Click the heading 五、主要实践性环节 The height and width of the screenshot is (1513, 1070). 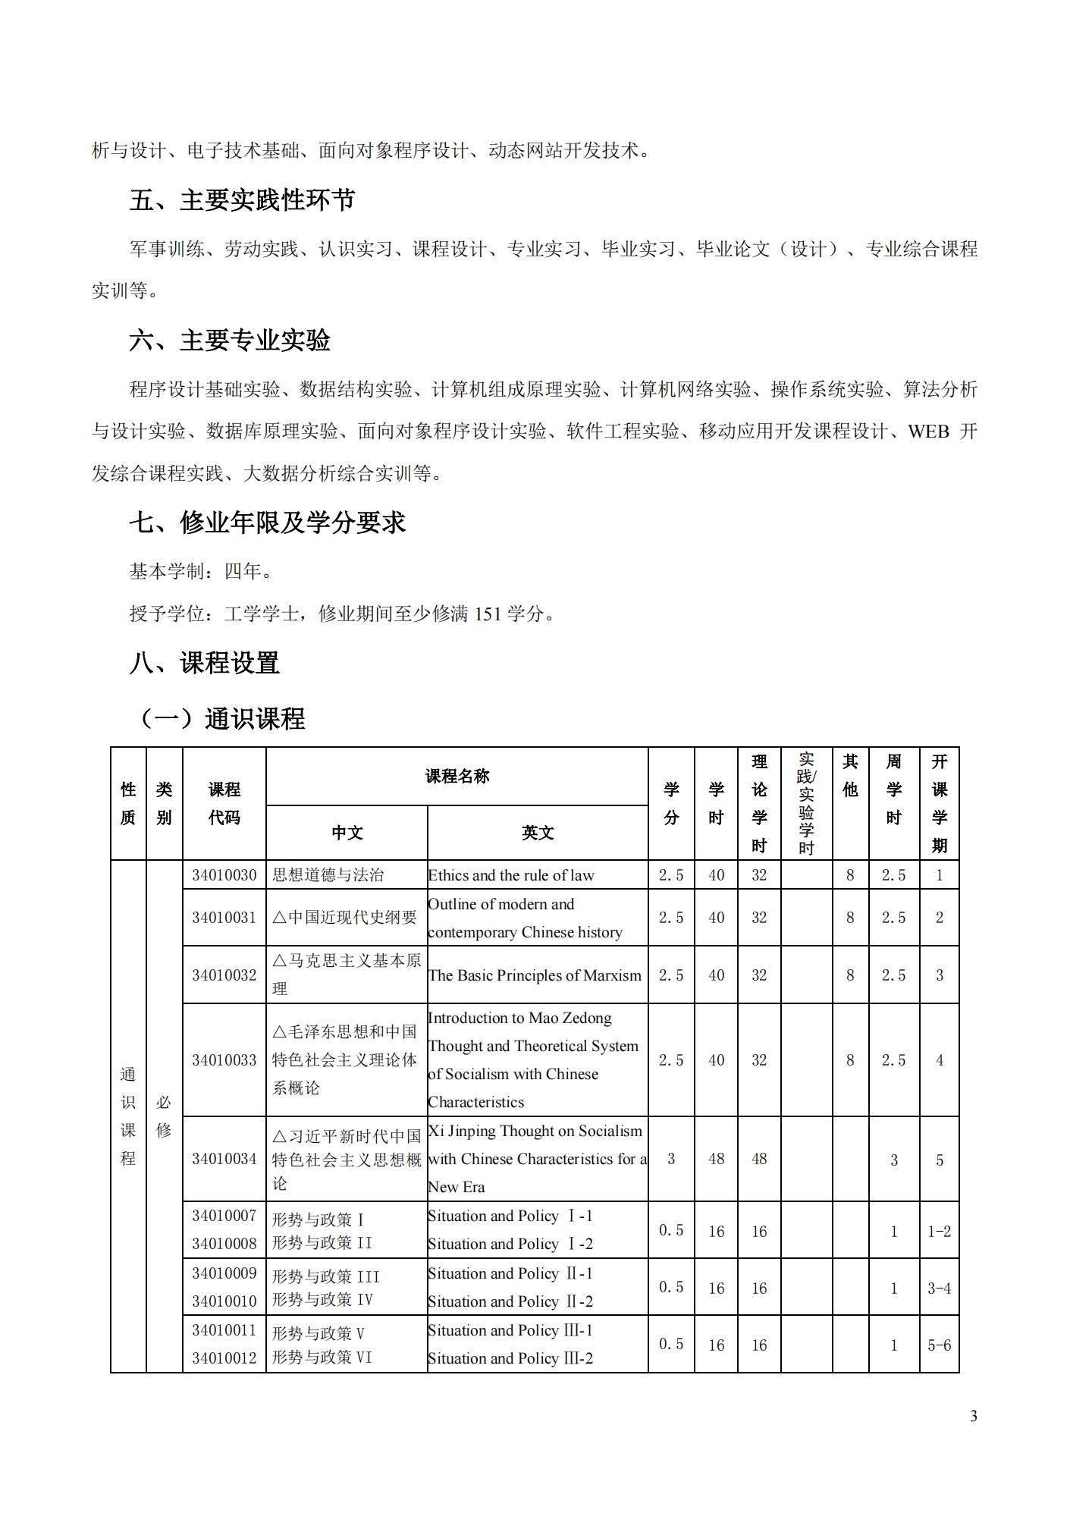(x=242, y=200)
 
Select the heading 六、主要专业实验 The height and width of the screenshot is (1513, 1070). (x=229, y=341)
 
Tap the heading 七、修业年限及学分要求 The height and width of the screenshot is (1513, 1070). (x=267, y=523)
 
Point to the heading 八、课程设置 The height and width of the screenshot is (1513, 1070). (x=204, y=663)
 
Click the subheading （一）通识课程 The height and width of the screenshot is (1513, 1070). (x=223, y=718)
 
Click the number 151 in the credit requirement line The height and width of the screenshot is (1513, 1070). (x=488, y=614)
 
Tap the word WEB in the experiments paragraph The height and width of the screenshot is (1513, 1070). (x=928, y=432)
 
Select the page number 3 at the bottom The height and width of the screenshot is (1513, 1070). (x=973, y=1416)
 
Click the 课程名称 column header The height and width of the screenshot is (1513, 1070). (x=457, y=776)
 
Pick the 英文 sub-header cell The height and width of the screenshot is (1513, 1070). (x=538, y=833)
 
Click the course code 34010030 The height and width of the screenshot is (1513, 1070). (x=224, y=875)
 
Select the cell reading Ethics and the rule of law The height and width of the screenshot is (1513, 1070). (x=511, y=875)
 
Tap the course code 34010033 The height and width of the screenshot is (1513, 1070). (x=224, y=1060)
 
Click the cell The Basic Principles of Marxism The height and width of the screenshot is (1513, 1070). (x=535, y=975)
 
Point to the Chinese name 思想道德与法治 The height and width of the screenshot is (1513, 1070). (x=328, y=875)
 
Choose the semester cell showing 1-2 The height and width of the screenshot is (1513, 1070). (x=939, y=1231)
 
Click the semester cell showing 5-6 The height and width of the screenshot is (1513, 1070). (x=939, y=1345)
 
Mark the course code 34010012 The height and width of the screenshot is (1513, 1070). (x=224, y=1358)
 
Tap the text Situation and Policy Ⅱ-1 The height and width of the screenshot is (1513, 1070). (x=510, y=1273)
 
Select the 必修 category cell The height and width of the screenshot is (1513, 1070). (x=164, y=1116)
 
